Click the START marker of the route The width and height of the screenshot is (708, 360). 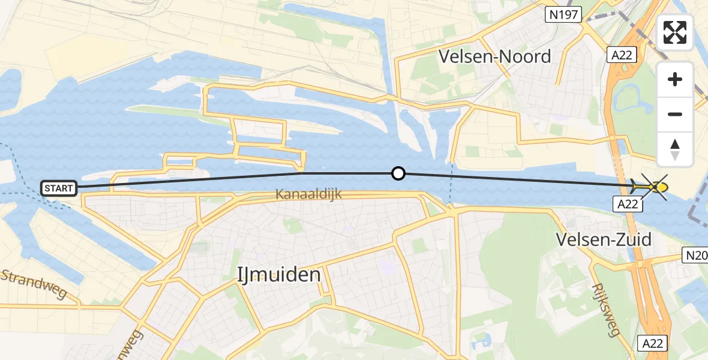click(x=58, y=188)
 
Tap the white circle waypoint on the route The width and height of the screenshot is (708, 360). click(x=398, y=174)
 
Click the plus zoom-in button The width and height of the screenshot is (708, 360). click(x=675, y=79)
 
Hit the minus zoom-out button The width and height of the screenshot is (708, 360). click(x=675, y=114)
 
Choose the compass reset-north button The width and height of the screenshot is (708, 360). click(x=675, y=149)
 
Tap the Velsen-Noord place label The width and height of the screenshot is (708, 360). click(x=494, y=57)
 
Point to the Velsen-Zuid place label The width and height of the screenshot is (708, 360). click(x=604, y=239)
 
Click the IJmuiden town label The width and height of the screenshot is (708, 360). click(x=279, y=275)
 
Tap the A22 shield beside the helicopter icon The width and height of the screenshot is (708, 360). click(x=628, y=204)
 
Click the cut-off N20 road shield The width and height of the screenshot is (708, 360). click(x=697, y=256)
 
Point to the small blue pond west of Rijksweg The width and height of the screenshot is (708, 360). click(x=481, y=344)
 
